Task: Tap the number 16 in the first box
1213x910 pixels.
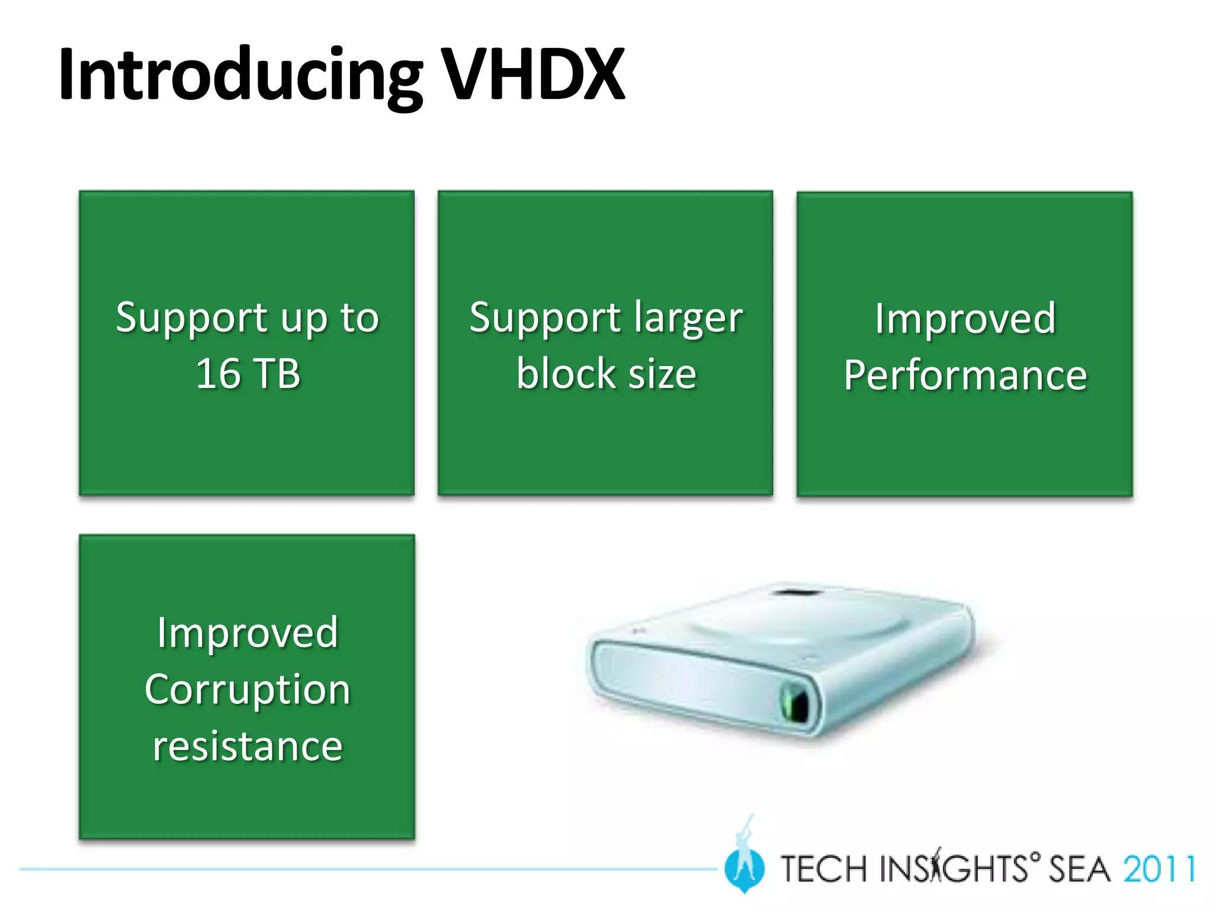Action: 217,374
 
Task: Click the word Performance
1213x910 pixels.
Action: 965,375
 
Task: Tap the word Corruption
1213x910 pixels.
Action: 248,690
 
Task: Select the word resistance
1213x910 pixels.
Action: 248,746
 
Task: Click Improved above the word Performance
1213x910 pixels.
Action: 965,318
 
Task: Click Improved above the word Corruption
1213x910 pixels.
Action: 248,633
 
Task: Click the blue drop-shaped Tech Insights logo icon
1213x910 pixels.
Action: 745,869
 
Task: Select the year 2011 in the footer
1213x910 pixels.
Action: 1160,869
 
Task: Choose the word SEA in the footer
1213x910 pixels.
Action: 1079,869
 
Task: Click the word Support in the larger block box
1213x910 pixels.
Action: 544,318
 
